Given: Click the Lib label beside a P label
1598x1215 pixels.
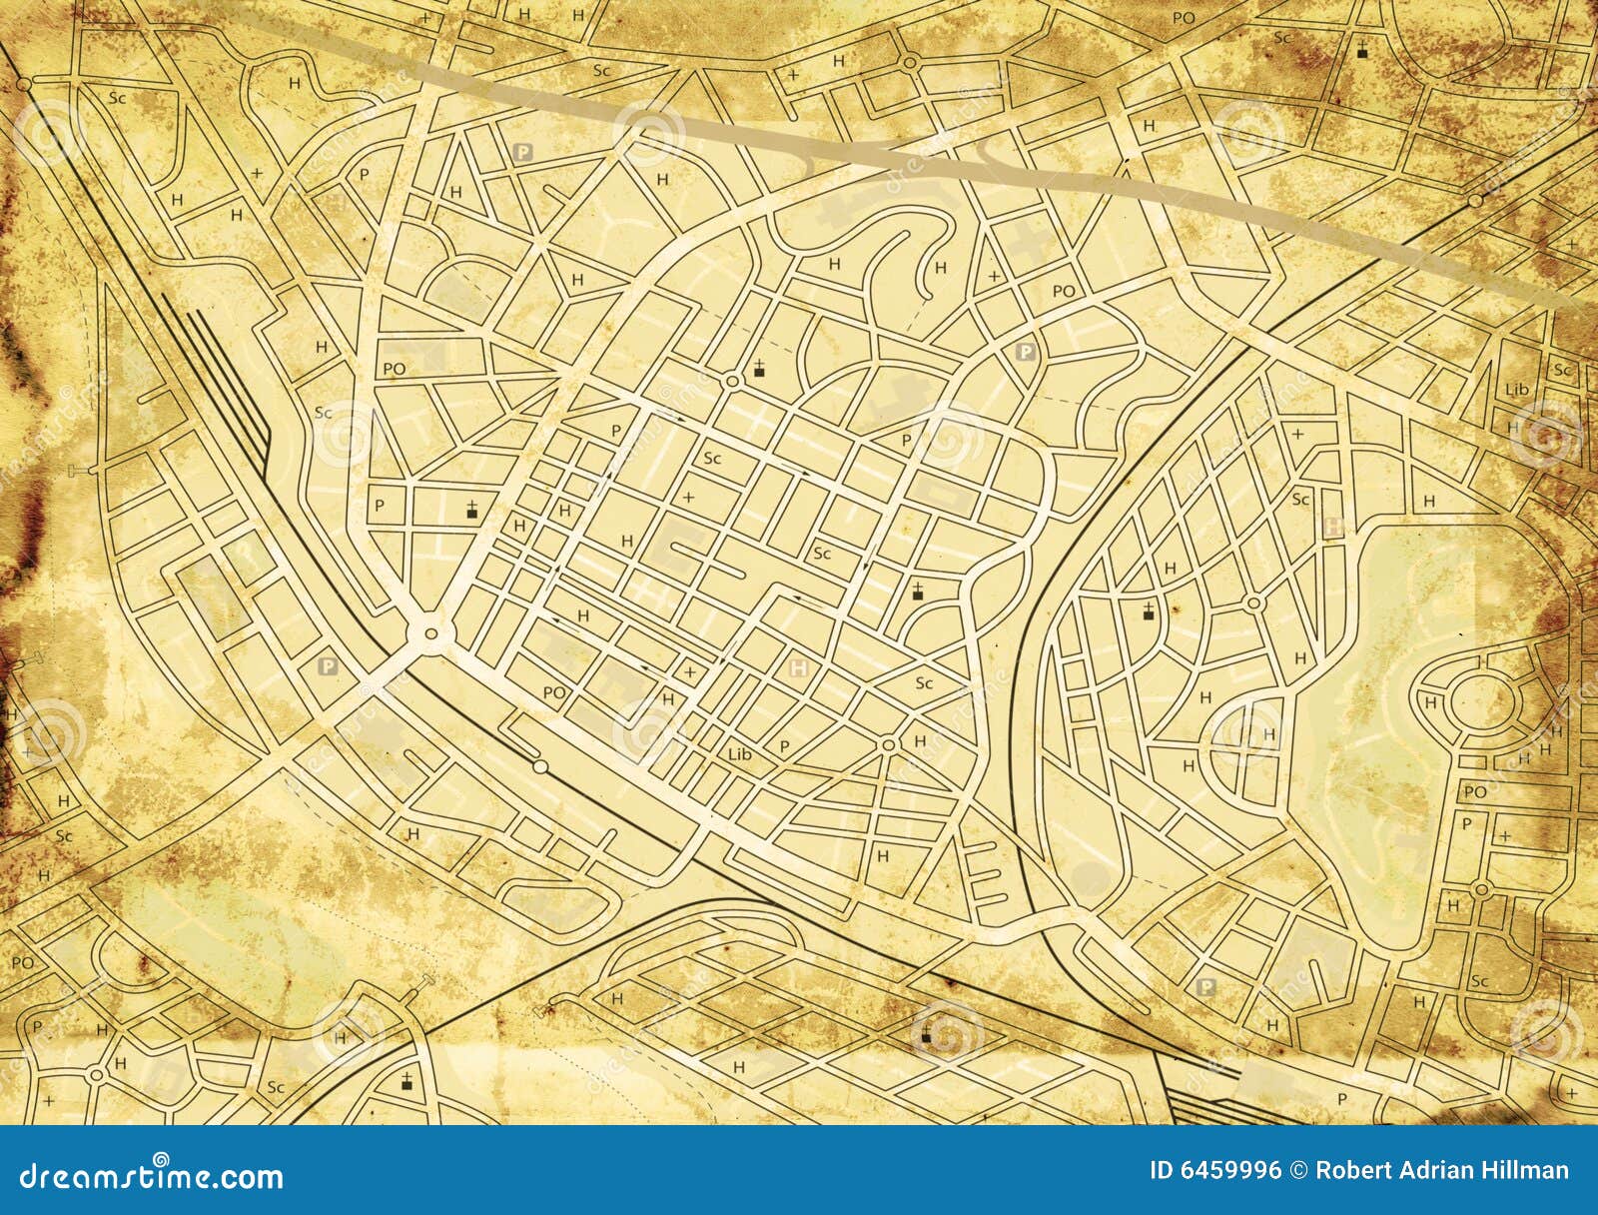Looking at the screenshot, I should click(740, 754).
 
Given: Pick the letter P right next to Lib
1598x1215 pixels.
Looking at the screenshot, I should click(783, 745).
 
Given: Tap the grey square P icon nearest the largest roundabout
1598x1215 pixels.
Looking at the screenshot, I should click(327, 664).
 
